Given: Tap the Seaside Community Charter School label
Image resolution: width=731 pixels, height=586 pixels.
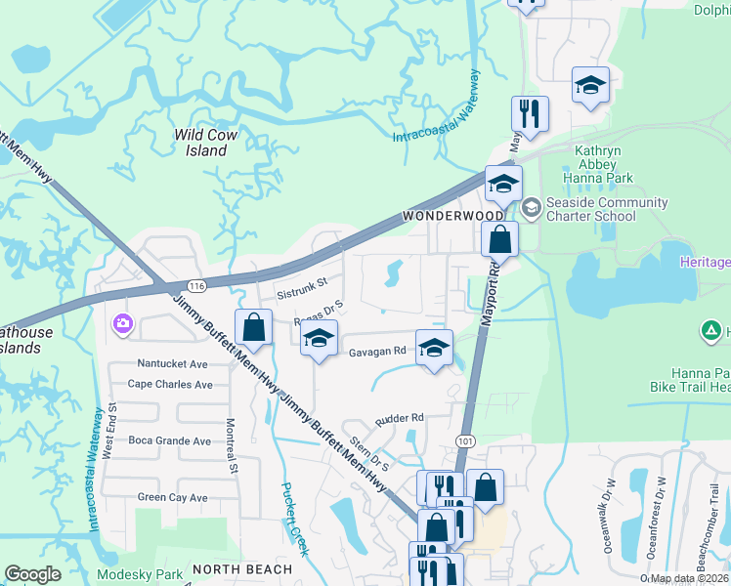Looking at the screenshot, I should pyautogui.click(x=607, y=209).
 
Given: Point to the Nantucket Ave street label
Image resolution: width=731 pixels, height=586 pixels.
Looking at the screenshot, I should pyautogui.click(x=174, y=363).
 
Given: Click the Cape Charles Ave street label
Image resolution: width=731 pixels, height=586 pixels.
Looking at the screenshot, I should pyautogui.click(x=170, y=385).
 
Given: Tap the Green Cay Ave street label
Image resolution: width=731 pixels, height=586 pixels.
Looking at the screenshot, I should pyautogui.click(x=172, y=497).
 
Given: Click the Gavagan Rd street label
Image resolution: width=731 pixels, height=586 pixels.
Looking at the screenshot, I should pyautogui.click(x=377, y=351).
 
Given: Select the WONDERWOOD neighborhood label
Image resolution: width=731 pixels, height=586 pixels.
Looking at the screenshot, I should pyautogui.click(x=451, y=215).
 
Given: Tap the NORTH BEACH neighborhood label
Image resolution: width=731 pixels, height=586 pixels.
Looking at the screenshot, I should pyautogui.click(x=242, y=568).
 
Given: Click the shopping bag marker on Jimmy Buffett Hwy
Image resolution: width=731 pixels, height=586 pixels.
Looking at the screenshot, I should pyautogui.click(x=253, y=327).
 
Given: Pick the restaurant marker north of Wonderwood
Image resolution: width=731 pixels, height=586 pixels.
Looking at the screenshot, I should pyautogui.click(x=530, y=113).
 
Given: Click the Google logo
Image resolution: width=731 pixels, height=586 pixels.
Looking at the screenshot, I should pyautogui.click(x=32, y=574).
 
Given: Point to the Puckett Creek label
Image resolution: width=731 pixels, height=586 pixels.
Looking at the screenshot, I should pyautogui.click(x=295, y=519).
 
